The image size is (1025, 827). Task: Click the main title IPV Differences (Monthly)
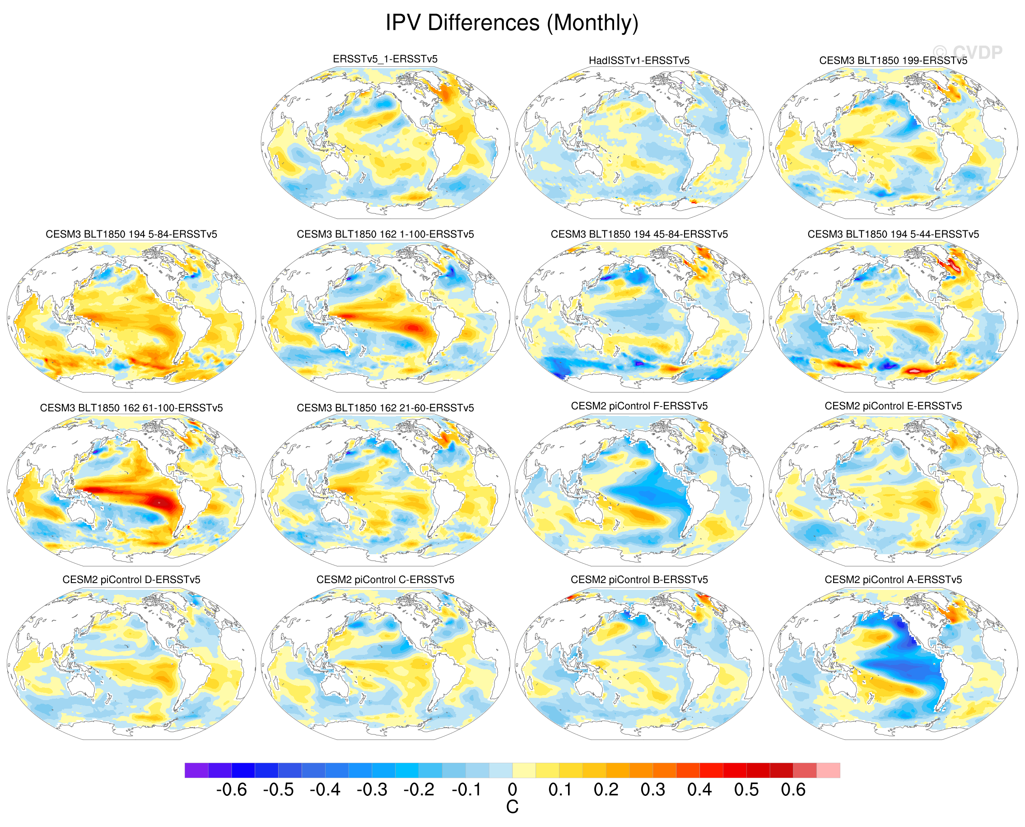512,23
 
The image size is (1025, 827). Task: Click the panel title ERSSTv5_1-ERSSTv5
385,59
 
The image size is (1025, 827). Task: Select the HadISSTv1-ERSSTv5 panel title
639,61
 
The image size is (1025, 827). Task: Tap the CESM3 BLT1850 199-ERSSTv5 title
893,61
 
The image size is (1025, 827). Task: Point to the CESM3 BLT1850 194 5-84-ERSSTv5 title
131,234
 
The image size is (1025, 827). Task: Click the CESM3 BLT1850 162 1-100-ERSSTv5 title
385,234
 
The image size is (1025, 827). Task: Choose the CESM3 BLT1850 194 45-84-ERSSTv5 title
639,234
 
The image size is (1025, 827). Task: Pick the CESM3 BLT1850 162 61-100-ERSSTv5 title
131,408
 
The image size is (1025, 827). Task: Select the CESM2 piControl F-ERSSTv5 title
639,406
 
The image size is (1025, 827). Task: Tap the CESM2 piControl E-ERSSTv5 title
893,406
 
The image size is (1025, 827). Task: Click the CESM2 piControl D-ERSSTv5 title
131,580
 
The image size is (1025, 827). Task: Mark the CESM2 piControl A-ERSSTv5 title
893,580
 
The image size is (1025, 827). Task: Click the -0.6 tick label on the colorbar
232,790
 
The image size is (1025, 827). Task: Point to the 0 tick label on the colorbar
512,790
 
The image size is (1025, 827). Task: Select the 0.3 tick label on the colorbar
652,790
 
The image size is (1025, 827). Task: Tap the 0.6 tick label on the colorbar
792,790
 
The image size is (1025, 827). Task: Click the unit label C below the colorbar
512,807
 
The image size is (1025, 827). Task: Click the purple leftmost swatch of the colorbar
196,770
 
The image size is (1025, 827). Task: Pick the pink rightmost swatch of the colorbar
828,770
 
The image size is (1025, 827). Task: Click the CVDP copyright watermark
967,52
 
